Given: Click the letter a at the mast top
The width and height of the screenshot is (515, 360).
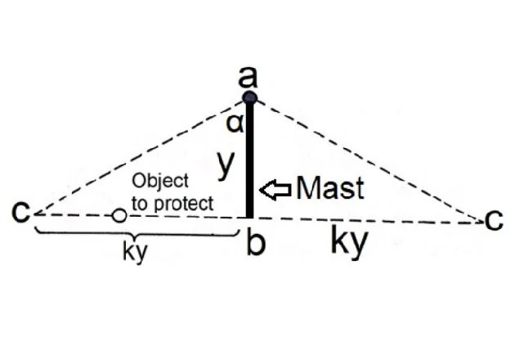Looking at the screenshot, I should coord(249,79).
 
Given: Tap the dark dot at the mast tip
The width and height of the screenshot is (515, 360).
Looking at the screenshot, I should coord(250,98).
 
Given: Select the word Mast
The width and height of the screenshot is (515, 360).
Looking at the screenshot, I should coord(329,188).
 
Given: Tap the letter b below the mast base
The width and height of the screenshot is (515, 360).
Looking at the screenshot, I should coord(256,243).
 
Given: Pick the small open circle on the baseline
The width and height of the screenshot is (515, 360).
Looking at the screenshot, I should coord(119,216).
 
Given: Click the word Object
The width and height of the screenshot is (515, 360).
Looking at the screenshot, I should coord(160,180).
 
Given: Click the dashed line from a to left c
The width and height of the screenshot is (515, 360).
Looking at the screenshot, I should coord(139,155).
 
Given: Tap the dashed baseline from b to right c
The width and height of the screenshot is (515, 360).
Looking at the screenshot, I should coord(368,219).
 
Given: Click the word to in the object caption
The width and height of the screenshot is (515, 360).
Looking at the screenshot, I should coord(140,202).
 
